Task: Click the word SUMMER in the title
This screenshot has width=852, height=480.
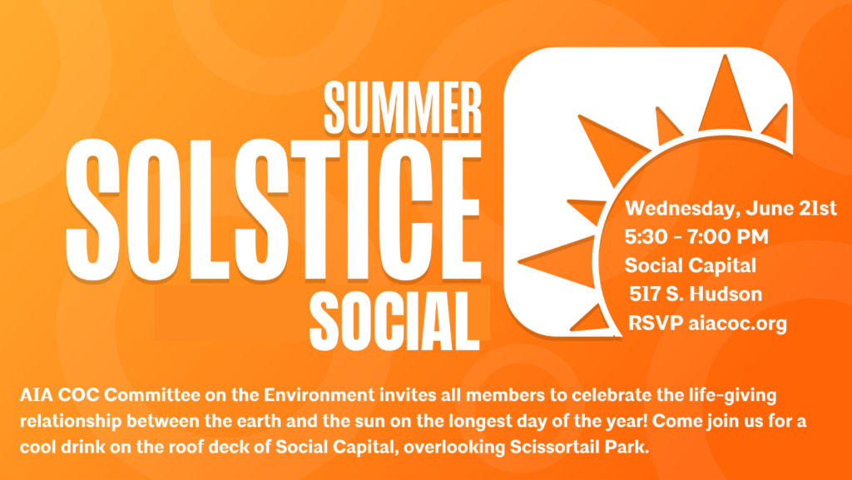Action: pyautogui.click(x=403, y=107)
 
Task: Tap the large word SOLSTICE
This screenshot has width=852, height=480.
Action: pyautogui.click(x=273, y=210)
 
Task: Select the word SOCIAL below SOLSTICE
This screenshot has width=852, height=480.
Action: pyautogui.click(x=395, y=321)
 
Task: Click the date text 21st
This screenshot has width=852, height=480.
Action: pyautogui.click(x=818, y=209)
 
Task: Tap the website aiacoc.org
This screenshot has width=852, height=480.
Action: pyautogui.click(x=737, y=324)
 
